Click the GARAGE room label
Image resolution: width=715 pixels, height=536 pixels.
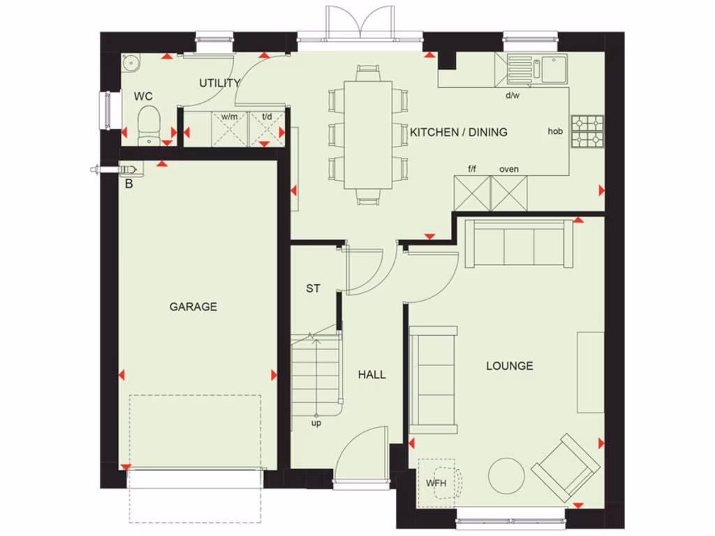click(193, 306)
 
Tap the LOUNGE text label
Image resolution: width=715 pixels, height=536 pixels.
click(510, 366)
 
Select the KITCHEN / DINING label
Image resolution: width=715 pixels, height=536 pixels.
click(459, 132)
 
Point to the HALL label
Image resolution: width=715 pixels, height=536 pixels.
click(371, 375)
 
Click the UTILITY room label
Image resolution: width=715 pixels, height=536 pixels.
click(219, 83)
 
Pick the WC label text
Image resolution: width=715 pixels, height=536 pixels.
click(144, 96)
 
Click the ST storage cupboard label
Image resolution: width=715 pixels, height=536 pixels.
click(314, 288)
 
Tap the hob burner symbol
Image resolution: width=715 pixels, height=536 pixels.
click(587, 132)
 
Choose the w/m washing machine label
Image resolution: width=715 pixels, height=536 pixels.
click(229, 117)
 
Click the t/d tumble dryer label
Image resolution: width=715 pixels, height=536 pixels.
click(267, 117)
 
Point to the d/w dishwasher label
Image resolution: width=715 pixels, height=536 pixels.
click(513, 96)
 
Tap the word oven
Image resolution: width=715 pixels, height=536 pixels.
click(509, 169)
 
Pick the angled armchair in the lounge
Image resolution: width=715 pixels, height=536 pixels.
click(565, 468)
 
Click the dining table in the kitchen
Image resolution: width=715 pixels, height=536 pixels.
click(368, 134)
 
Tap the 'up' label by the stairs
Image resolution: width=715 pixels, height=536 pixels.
click(317, 423)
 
